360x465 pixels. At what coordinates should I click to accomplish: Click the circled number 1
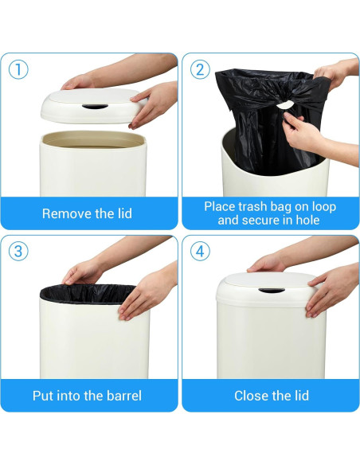(18, 69)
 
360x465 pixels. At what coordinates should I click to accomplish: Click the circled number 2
(200, 69)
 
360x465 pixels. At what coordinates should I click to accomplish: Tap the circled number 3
(18, 251)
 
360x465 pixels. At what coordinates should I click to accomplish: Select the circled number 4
(200, 251)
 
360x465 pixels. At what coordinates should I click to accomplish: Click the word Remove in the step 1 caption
(66, 213)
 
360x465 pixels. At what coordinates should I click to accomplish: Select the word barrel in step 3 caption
(121, 396)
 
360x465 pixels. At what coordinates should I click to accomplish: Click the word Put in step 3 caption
(44, 396)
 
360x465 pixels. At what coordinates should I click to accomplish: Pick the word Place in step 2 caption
(221, 206)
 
